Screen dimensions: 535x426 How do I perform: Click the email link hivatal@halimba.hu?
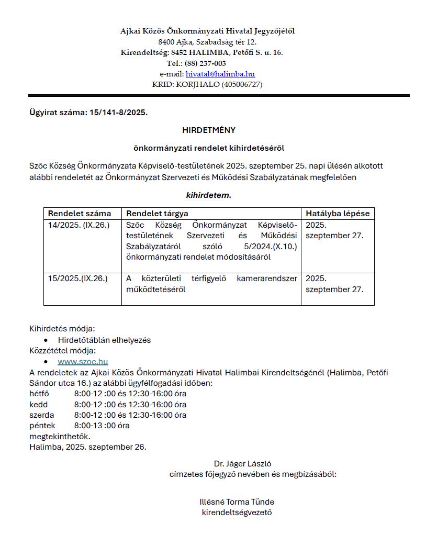220,74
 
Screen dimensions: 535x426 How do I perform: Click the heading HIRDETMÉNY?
209,130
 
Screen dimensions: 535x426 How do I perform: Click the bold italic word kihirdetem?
208,195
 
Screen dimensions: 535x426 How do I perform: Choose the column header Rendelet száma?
80,214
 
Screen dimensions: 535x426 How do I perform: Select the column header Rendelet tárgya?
157,214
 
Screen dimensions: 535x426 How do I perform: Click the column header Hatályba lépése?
337,214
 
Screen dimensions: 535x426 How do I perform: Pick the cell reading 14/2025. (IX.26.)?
77,225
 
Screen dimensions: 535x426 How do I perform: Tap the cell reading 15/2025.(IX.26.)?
77,278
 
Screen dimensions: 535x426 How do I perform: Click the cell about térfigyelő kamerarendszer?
211,284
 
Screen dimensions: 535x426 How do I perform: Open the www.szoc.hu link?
83,361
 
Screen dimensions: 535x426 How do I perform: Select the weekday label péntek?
42,426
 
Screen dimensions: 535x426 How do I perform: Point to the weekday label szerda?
42,415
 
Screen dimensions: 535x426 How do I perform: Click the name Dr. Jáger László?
242,463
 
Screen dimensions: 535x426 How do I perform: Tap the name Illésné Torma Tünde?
237,501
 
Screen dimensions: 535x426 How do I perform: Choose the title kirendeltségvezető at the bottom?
237,512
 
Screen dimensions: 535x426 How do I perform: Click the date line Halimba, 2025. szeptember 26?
88,447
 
